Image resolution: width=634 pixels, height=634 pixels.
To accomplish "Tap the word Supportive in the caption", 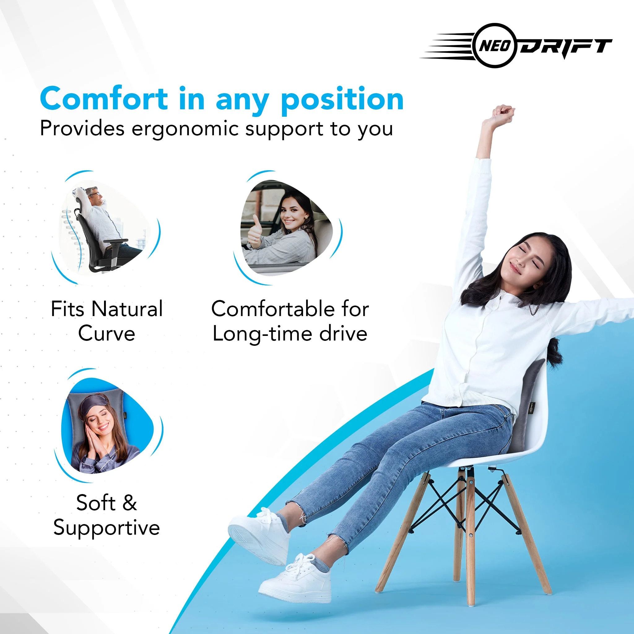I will [x=107, y=528].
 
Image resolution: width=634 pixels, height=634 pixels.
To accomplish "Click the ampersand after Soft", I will [x=130, y=503].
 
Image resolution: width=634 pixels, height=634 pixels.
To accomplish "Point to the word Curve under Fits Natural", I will [x=107, y=334].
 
